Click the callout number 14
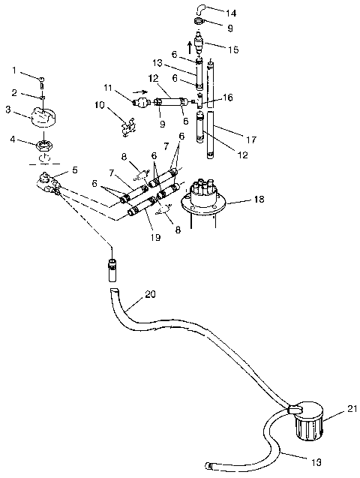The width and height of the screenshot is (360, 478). pyautogui.click(x=232, y=14)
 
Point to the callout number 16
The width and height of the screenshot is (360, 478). pyautogui.click(x=228, y=98)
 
